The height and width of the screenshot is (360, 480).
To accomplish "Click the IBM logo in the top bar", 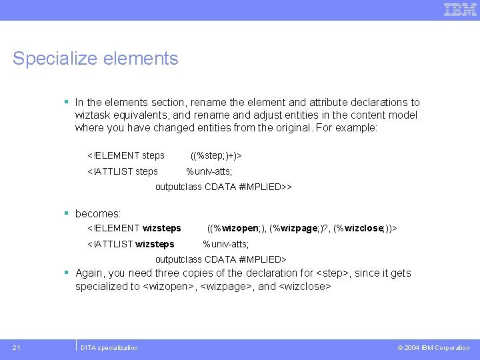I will point(460,9).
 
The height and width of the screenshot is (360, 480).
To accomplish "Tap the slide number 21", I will point(17,347).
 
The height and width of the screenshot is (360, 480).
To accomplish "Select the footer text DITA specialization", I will point(109,347).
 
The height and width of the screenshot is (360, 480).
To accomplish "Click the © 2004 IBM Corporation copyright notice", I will point(433,347).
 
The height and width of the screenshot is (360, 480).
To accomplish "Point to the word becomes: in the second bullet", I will point(98,214).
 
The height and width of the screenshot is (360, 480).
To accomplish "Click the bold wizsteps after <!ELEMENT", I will point(162,228).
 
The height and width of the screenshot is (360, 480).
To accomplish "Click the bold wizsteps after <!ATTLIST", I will point(155,244).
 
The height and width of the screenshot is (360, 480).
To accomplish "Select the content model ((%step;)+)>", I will point(216,155).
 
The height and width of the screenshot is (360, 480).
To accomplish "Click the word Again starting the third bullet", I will point(90,273).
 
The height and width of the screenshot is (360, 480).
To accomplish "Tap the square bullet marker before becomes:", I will point(67,213).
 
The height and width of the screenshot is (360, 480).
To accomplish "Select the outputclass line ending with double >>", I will point(223,187).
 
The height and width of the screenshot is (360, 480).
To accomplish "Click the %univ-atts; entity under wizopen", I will point(226,244).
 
